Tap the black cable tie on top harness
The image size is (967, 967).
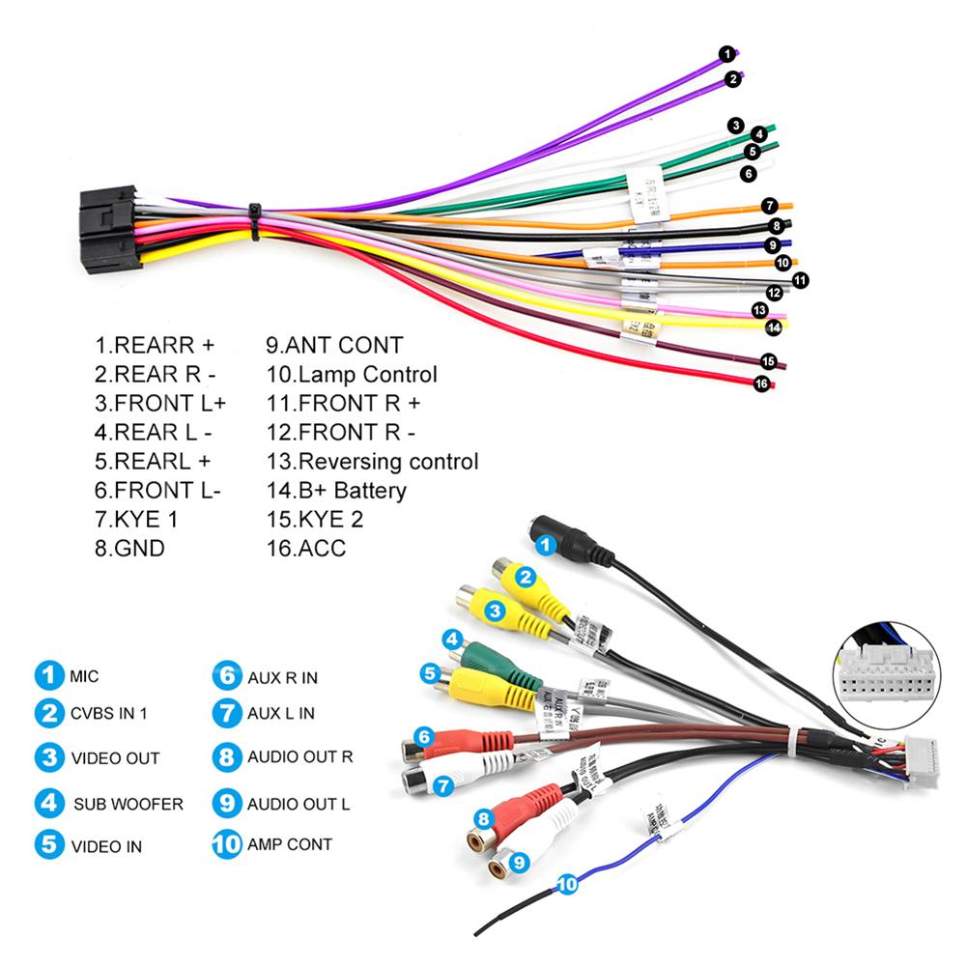(x=255, y=222)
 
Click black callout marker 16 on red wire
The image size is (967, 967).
(x=761, y=384)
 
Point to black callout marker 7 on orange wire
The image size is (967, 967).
(x=769, y=206)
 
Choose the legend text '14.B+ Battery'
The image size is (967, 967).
(x=336, y=491)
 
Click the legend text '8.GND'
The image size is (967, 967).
(x=129, y=549)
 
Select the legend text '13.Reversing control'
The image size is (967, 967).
(x=372, y=462)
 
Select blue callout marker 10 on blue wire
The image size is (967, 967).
(x=567, y=883)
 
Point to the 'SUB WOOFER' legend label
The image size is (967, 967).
(x=127, y=804)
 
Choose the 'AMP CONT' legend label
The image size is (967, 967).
(x=289, y=844)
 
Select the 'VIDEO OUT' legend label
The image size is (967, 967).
(x=115, y=759)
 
